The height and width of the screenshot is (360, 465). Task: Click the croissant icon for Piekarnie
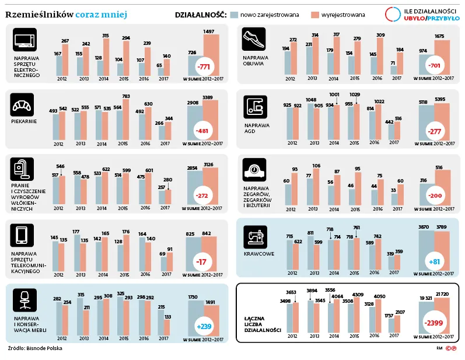point(22,104)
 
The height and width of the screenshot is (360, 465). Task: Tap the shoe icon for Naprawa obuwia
point(254,39)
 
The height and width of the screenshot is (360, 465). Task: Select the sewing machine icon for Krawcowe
point(255,237)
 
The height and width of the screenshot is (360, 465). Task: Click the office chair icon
point(25,300)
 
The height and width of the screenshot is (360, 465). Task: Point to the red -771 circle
point(204,67)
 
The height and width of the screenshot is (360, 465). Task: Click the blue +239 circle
point(204,327)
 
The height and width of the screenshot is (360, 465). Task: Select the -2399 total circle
point(433,323)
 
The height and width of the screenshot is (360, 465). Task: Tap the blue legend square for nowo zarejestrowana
point(235,15)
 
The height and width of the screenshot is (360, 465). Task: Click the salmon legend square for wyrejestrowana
point(315,15)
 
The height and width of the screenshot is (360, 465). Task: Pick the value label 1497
point(209,32)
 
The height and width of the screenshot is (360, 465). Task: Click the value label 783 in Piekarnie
point(126,96)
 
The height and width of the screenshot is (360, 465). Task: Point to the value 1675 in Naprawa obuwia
point(439,36)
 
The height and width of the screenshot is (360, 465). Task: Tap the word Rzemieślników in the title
point(40,14)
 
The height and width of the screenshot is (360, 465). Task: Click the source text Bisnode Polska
point(44,348)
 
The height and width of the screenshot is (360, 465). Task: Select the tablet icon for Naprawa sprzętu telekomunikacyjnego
point(22,236)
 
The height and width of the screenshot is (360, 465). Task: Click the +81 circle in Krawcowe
point(435,261)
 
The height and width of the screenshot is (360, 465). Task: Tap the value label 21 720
point(442,294)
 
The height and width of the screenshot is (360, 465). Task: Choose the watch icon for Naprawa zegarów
point(254,170)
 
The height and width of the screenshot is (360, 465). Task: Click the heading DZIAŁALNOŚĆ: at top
point(201,15)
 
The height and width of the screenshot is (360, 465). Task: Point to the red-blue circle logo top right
point(393,14)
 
